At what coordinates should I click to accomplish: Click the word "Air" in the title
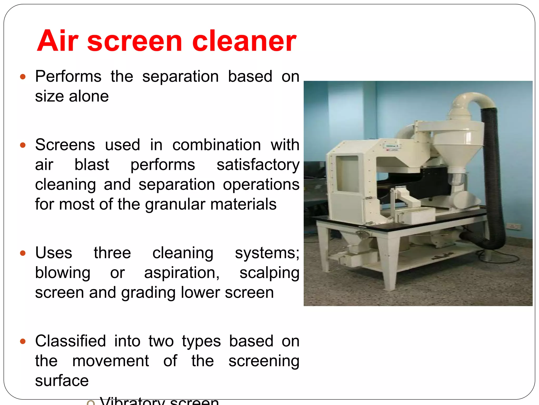pos(58,41)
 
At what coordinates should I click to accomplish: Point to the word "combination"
pos(216,145)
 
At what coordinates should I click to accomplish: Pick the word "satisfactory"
pos(258,165)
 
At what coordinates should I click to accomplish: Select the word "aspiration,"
pos(182,273)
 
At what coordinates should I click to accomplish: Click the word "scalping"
pos(269,273)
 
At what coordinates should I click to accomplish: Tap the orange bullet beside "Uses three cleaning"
pos(23,253)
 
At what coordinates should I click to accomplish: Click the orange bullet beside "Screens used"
pos(23,145)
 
